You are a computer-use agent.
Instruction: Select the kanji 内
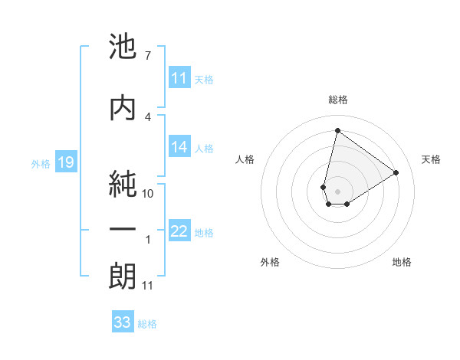pos(123,106)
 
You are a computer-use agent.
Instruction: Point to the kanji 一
pos(123,230)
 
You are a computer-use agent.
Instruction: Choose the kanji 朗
pos(123,276)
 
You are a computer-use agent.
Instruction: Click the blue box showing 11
pos(179,78)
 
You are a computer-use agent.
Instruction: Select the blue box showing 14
pos(179,147)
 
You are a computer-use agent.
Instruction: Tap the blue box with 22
pos(179,231)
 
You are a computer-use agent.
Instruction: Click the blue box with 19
pos(65,162)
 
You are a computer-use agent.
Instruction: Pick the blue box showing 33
pos(123,322)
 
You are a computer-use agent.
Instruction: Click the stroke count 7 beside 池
pos(147,56)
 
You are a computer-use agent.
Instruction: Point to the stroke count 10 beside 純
pos(148,194)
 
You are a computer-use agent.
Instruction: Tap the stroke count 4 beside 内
pos(147,116)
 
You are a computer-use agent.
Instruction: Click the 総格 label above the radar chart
pos(337,100)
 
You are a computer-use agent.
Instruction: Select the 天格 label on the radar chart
pos(432,159)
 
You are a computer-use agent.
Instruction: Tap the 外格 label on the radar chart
pos(270,262)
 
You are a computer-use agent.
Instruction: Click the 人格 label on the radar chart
pos(245,159)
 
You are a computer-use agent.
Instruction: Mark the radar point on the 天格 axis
pos(396,172)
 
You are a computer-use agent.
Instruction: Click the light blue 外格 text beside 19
pos(40,163)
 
